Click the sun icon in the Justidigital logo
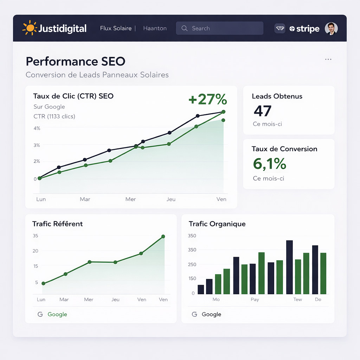[x=30, y=28]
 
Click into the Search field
[x=219, y=28]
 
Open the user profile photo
[x=331, y=28]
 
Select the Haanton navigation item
[x=155, y=28]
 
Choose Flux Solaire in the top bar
[x=116, y=28]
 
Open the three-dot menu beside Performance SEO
[x=328, y=59]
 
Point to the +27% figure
[x=207, y=99]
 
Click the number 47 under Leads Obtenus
[x=263, y=111]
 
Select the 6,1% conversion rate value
[x=270, y=164]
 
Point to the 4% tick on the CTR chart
[x=37, y=128]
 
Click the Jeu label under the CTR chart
[x=171, y=199]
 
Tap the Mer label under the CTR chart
[x=130, y=199]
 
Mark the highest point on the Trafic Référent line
[x=163, y=237]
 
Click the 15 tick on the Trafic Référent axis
[x=36, y=266]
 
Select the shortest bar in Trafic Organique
[x=201, y=289]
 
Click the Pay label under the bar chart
[x=255, y=300]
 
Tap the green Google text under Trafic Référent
[x=57, y=314]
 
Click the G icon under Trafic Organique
[x=194, y=314]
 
